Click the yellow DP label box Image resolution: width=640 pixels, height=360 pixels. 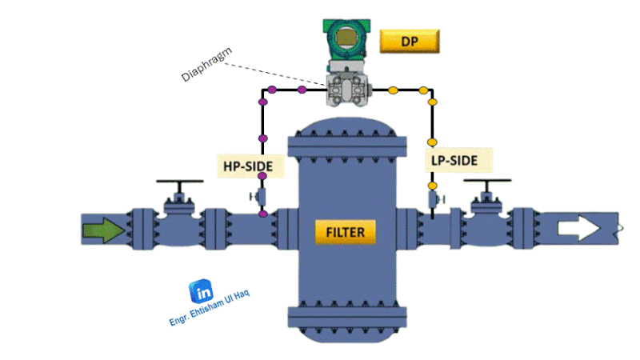pyautogui.click(x=410, y=40)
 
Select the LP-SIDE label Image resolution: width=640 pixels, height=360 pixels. pyautogui.click(x=454, y=160)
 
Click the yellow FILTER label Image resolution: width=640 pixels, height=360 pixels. pyautogui.click(x=346, y=233)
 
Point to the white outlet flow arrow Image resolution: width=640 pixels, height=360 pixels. pyautogui.click(x=578, y=229)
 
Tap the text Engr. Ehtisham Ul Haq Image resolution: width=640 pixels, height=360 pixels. pyautogui.click(x=210, y=308)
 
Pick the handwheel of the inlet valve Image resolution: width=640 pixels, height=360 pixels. pyautogui.click(x=178, y=186)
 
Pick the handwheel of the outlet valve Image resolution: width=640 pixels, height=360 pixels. pyautogui.click(x=487, y=186)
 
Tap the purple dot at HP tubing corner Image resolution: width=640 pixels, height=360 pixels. pyautogui.click(x=262, y=102)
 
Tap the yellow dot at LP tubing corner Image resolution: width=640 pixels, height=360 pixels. pyautogui.click(x=433, y=102)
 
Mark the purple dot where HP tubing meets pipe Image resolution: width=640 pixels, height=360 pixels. pyautogui.click(x=262, y=214)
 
